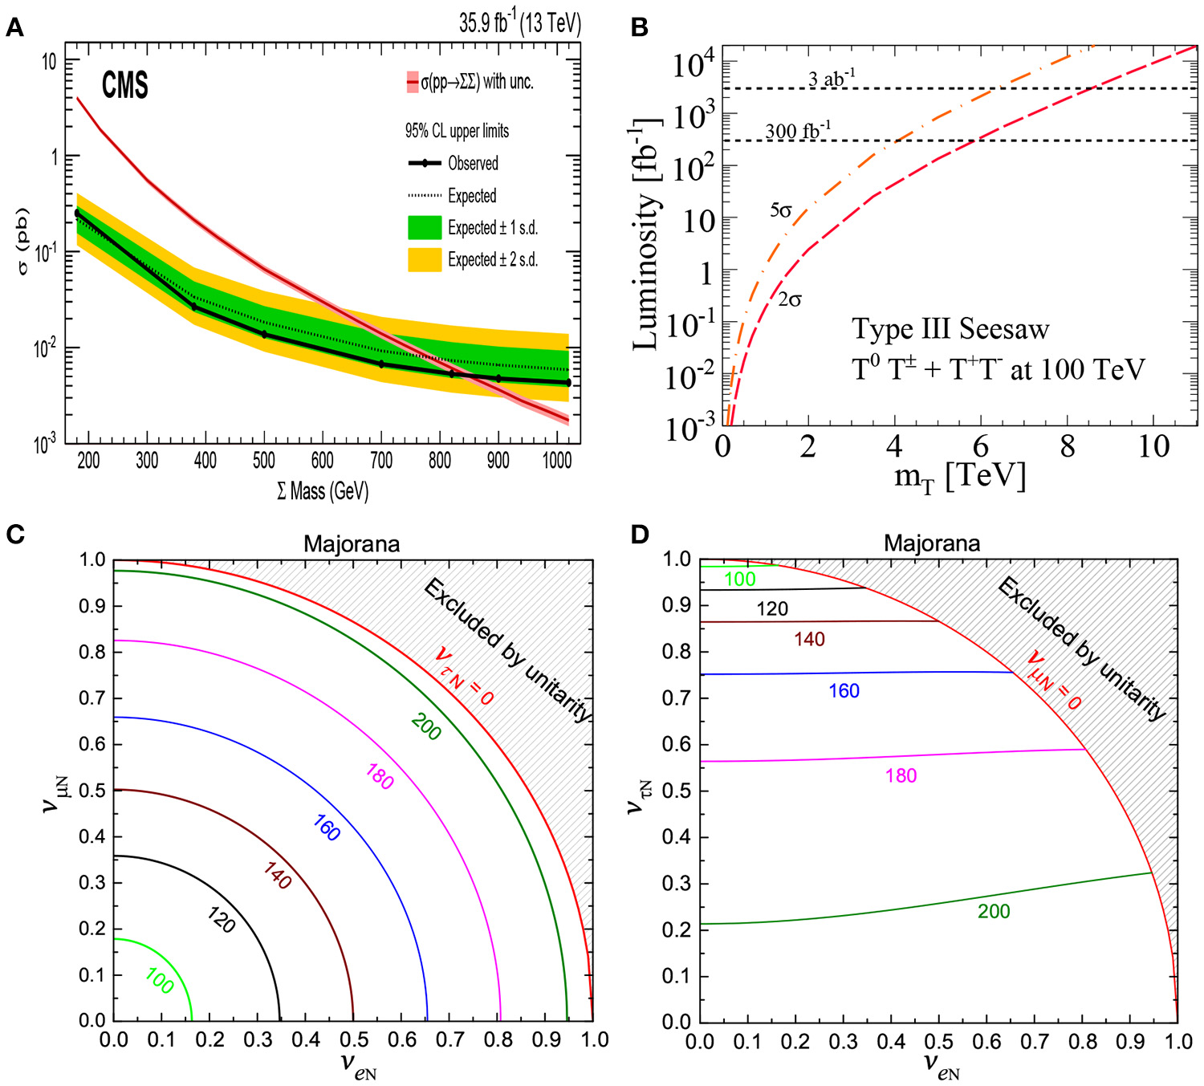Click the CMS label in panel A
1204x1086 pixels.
pos(124,85)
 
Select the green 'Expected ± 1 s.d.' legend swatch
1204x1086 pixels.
pos(425,228)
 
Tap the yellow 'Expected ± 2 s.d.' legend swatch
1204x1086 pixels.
pos(425,260)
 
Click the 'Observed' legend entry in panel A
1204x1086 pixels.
pos(472,164)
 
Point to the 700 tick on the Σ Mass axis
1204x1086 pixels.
pos(380,461)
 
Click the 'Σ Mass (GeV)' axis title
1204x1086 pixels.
pos(323,491)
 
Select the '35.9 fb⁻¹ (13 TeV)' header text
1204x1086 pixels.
pos(519,22)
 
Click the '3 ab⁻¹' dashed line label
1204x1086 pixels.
pos(832,78)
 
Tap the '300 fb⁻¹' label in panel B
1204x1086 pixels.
pos(798,130)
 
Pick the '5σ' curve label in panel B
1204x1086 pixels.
pos(781,210)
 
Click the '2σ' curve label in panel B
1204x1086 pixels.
pos(790,300)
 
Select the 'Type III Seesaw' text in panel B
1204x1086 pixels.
pos(950,329)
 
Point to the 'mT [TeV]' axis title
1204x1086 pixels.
pos(960,478)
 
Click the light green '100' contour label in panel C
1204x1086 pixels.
pos(160,980)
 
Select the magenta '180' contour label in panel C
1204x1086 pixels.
pos(380,777)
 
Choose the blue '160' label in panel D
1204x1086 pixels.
pos(844,691)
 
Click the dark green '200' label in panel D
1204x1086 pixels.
pos(994,911)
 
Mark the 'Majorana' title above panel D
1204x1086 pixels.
pos(932,543)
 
